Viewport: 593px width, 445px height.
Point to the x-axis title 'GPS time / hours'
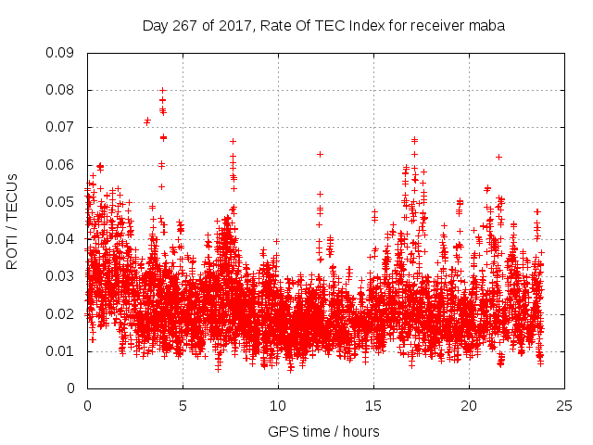point(325,431)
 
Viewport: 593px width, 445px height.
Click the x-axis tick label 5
point(183,405)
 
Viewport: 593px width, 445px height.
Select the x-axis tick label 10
point(278,405)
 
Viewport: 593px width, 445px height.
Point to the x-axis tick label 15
point(373,405)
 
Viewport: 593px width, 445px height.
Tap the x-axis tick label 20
point(469,405)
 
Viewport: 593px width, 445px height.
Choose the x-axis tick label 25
point(564,405)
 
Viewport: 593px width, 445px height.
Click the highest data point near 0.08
point(162,90)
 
